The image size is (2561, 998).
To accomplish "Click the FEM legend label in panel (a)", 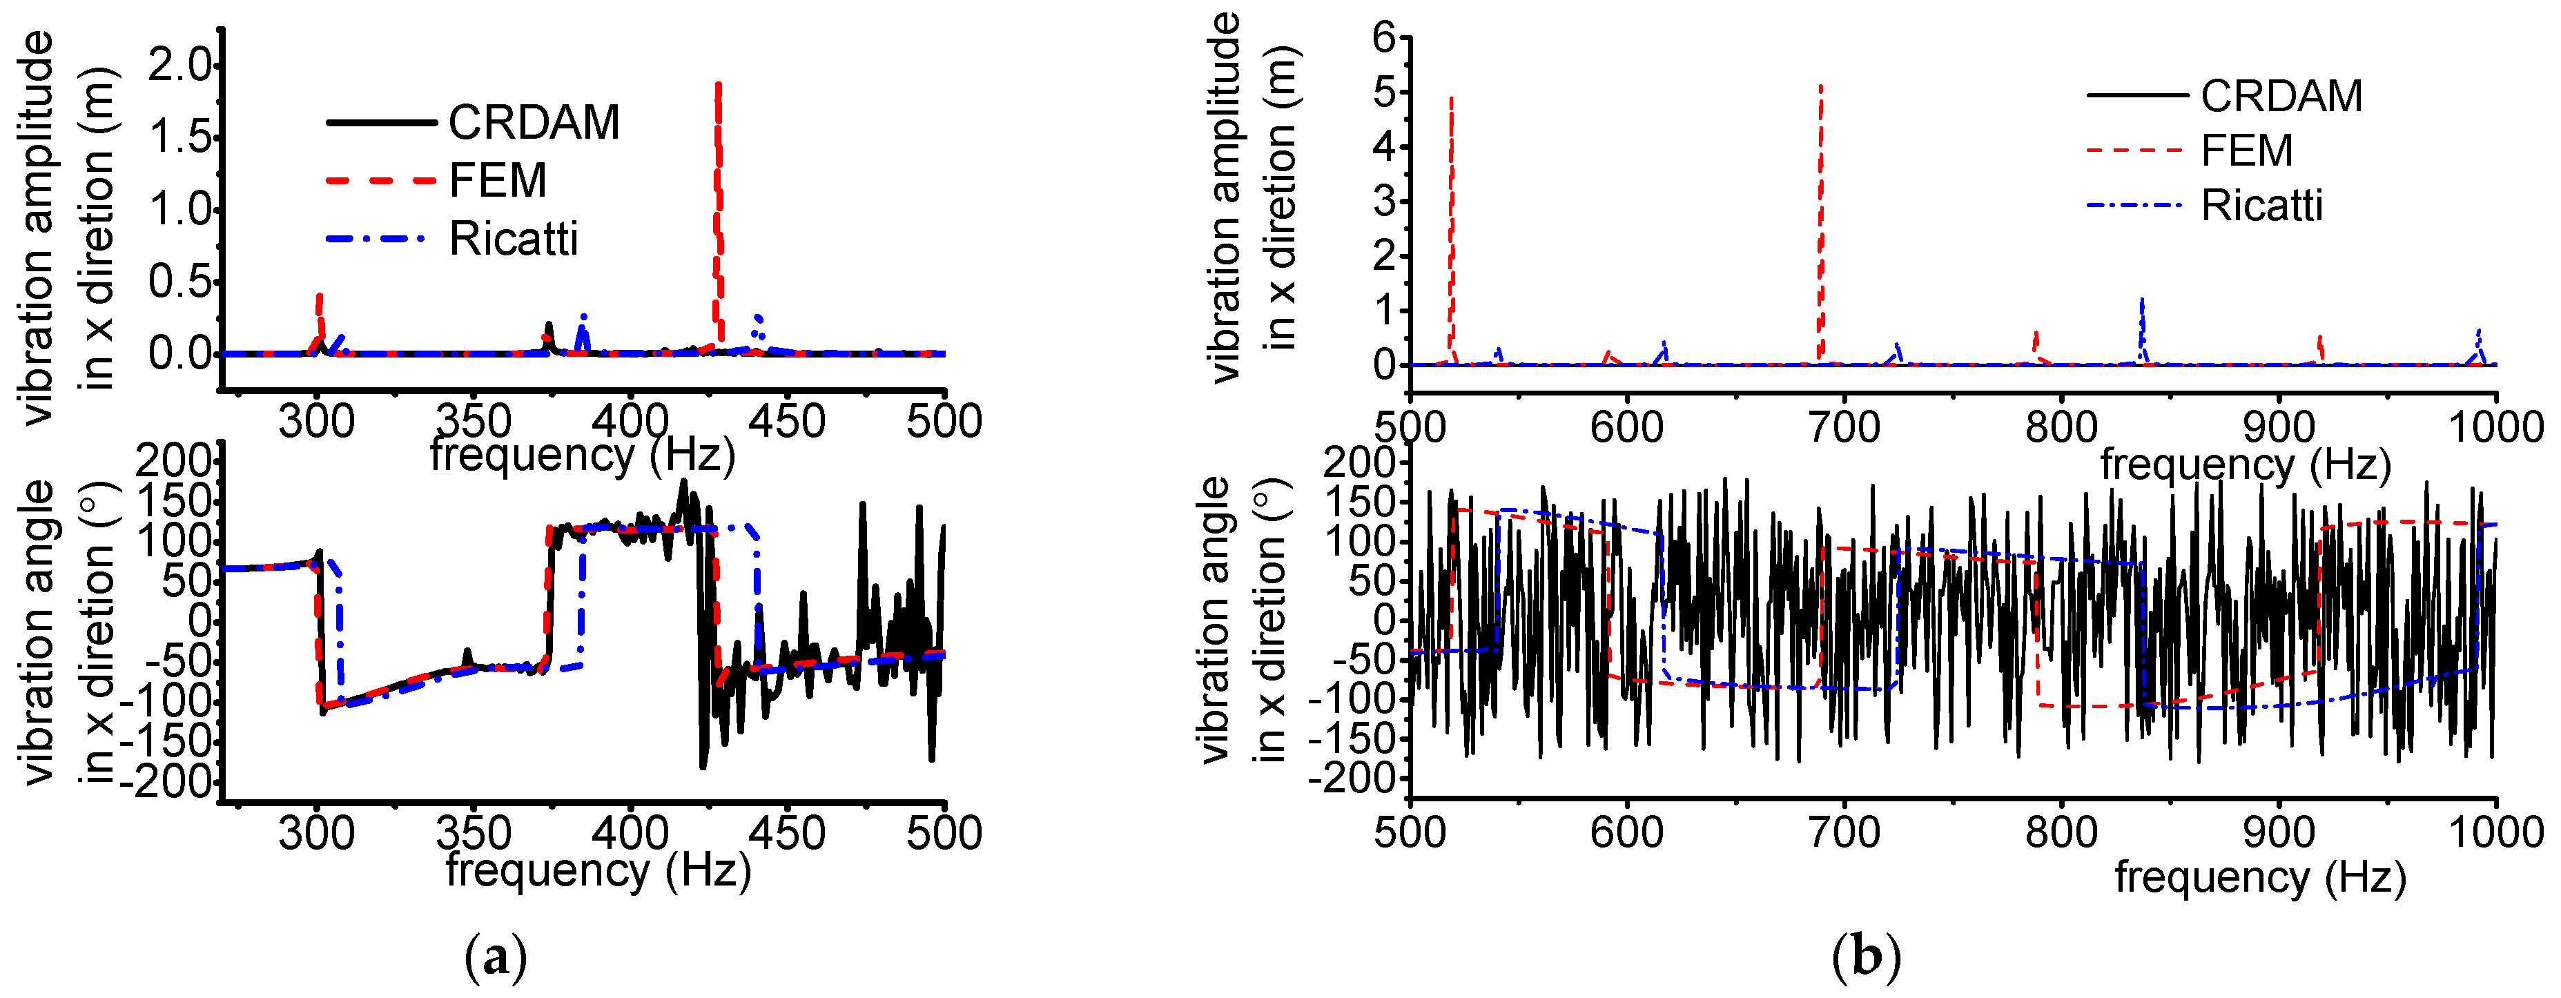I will pyautogui.click(x=498, y=181).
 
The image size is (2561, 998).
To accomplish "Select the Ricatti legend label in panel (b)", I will pyautogui.click(x=2261, y=206).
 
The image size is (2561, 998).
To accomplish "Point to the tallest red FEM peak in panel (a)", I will pyautogui.click(x=718, y=90).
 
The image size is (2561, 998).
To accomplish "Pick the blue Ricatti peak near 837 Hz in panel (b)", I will pyautogui.click(x=2143, y=301).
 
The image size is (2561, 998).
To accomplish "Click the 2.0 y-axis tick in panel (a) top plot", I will pyautogui.click(x=180, y=66).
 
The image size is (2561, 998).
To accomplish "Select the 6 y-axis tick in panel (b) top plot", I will pyautogui.click(x=1385, y=38).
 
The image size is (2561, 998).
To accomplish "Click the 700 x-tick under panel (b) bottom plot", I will pyautogui.click(x=1844, y=832).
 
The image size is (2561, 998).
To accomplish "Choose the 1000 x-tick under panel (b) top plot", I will pyautogui.click(x=2495, y=427).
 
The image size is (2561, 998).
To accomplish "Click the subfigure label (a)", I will pyautogui.click(x=495, y=957).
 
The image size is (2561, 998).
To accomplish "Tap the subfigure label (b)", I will pyautogui.click(x=1866, y=957).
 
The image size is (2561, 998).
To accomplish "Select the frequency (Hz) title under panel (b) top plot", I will pyautogui.click(x=2245, y=464).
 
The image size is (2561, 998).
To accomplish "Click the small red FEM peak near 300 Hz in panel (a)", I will pyautogui.click(x=319, y=298).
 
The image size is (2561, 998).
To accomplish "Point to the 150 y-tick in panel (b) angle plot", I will pyautogui.click(x=1356, y=502).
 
